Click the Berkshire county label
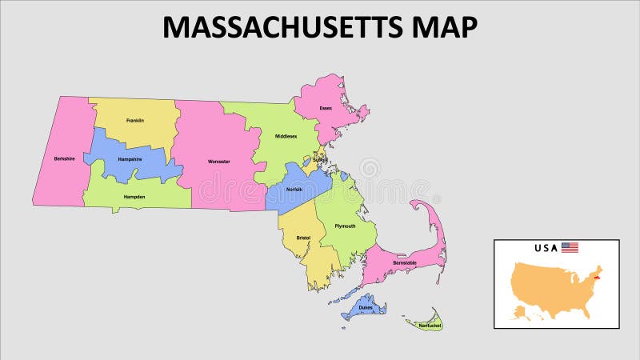point(65,158)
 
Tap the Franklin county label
point(135,121)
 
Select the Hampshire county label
point(130,159)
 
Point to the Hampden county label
point(134,196)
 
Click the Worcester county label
point(218,162)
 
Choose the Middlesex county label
point(286,137)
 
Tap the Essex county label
point(326,108)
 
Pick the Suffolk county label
point(319,159)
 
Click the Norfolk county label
point(294,189)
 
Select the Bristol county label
point(303,238)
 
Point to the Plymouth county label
point(345,226)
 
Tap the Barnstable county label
point(404,262)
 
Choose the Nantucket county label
point(429,326)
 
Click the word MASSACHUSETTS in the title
point(280,27)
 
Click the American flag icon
point(570,248)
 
